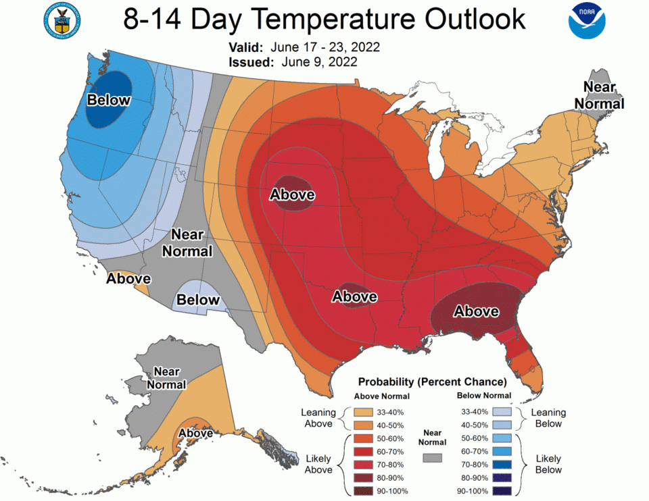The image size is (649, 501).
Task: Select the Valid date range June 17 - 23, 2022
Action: (x=325, y=48)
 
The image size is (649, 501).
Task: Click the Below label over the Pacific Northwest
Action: (x=108, y=100)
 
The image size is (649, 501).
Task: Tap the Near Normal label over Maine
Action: (x=599, y=95)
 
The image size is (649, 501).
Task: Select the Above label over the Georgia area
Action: (x=476, y=311)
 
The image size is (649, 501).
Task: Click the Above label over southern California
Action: (x=128, y=278)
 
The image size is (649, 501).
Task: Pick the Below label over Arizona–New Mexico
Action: (x=198, y=299)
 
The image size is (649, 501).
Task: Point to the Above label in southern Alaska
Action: (x=196, y=433)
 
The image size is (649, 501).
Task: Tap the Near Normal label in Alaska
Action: (x=166, y=378)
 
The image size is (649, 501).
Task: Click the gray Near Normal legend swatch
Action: (x=432, y=457)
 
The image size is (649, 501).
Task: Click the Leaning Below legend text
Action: (x=548, y=418)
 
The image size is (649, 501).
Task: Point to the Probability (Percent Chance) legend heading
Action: (x=432, y=381)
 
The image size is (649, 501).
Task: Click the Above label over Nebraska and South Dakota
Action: (x=292, y=194)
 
